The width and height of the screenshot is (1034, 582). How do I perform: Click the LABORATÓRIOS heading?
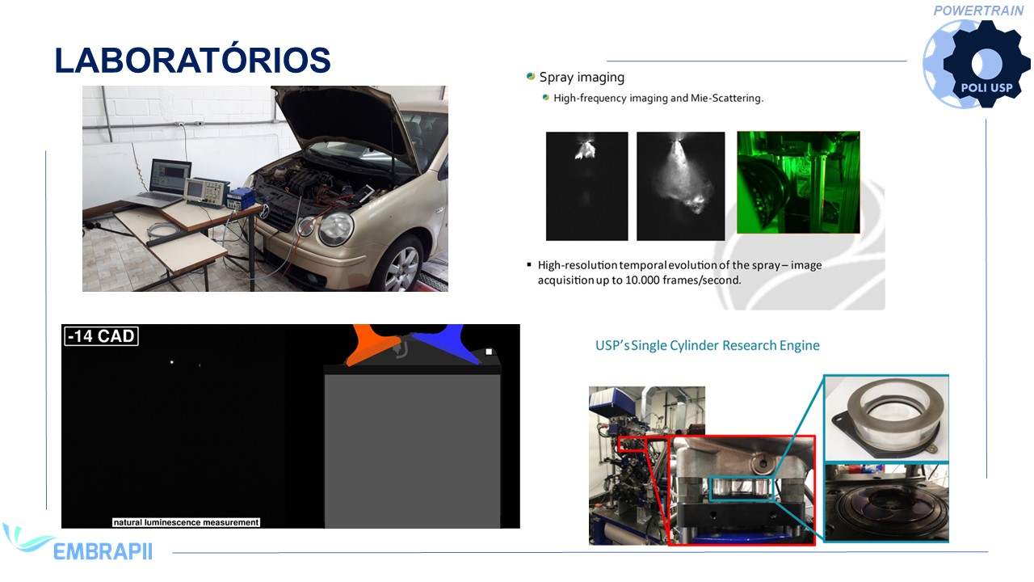(192, 60)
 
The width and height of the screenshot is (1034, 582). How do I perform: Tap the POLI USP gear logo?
(977, 65)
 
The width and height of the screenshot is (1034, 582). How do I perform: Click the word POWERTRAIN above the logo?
(978, 11)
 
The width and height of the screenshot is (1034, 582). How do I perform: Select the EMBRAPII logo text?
(103, 551)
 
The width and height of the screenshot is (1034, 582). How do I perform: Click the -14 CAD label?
(102, 335)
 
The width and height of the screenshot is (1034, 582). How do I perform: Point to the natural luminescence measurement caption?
(186, 522)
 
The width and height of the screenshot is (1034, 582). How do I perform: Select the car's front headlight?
(336, 228)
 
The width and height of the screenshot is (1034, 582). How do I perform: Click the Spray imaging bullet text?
(582, 77)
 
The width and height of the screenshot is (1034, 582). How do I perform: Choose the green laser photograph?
(798, 182)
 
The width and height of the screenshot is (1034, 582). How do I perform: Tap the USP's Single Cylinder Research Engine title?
(707, 345)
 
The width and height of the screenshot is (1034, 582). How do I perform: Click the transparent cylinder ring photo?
(886, 418)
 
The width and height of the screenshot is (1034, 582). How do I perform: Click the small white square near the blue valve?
(489, 352)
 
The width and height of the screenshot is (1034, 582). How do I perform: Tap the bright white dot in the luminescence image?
(172, 362)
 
